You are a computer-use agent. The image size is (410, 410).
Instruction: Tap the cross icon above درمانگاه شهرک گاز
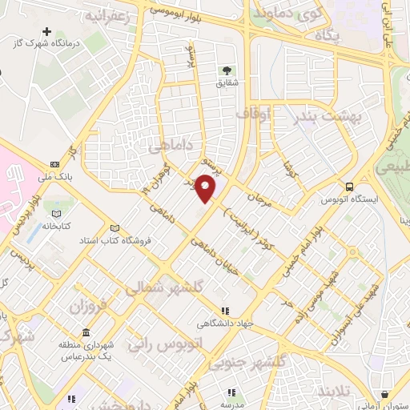47,31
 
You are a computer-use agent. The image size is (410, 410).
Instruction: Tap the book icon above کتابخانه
56,213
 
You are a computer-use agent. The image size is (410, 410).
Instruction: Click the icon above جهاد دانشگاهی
225,311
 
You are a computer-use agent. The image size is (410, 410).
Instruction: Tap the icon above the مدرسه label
231,392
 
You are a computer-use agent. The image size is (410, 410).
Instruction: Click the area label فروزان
86,307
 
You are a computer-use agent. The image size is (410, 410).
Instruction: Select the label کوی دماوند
285,14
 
